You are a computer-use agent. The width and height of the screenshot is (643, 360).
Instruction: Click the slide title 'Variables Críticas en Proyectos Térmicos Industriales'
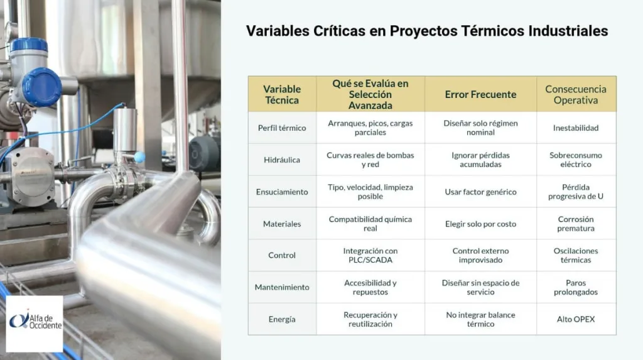click(426, 31)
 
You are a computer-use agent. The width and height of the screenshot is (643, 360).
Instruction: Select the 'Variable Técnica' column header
click(282, 94)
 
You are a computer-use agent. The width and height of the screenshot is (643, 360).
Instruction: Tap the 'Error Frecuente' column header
click(480, 94)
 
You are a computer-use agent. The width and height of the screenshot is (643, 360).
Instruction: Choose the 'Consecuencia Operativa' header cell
click(576, 94)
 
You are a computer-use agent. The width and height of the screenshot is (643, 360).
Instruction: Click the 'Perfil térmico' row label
click(282, 128)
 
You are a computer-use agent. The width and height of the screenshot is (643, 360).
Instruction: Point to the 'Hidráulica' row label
click(282, 160)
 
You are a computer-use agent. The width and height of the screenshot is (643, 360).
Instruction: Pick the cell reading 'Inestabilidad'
click(576, 128)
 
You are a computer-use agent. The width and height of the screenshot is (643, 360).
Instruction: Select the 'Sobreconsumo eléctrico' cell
click(576, 160)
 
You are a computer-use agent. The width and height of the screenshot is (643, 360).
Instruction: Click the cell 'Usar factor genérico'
click(480, 192)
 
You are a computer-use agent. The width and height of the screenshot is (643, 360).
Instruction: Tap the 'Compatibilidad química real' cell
click(370, 224)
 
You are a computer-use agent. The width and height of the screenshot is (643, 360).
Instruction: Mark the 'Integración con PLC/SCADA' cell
click(370, 256)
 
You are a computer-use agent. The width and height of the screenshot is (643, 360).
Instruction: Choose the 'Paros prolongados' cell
click(576, 288)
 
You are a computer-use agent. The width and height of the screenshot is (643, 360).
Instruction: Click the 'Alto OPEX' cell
click(576, 319)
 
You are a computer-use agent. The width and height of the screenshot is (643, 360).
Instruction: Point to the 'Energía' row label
click(282, 319)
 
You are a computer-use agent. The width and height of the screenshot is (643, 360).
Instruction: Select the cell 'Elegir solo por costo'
click(480, 224)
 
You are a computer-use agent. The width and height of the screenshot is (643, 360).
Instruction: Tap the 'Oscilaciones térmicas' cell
click(576, 256)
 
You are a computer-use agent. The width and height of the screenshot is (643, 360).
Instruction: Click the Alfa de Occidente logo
click(35, 323)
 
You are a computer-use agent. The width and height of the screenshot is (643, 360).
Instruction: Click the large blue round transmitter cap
click(41, 87)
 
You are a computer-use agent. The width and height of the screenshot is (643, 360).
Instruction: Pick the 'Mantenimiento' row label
click(282, 287)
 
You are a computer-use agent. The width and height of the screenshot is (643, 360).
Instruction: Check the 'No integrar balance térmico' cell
click(480, 319)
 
